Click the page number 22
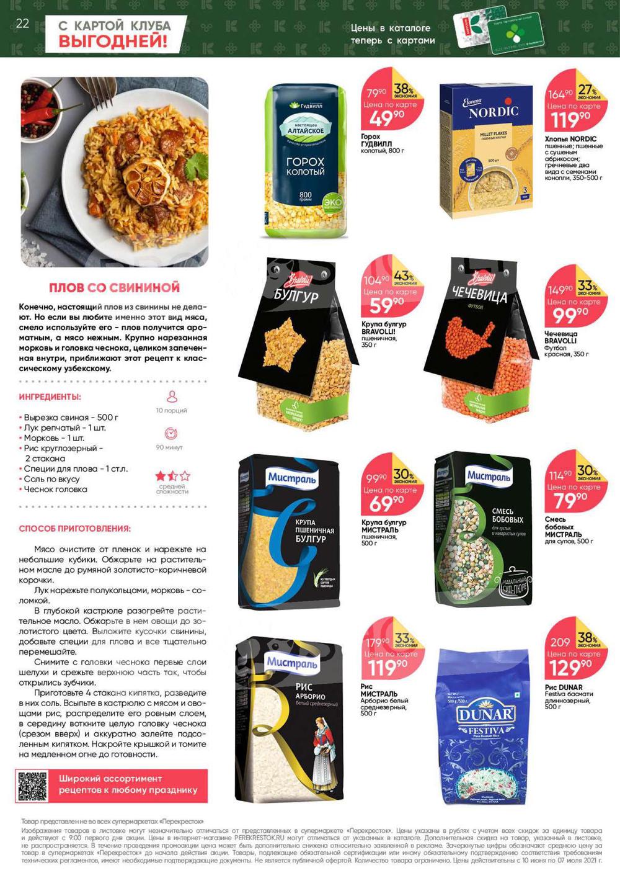coord(22,24)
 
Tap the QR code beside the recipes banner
coord(33,786)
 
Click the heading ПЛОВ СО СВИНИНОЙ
coord(114,287)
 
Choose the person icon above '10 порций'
coord(172,396)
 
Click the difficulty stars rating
coord(172,476)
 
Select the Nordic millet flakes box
coord(486,151)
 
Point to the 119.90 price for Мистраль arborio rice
coord(386,668)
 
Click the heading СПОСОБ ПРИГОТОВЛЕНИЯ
coord(75,529)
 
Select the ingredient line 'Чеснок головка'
coord(55,490)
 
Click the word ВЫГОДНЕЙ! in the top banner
coord(113,42)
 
